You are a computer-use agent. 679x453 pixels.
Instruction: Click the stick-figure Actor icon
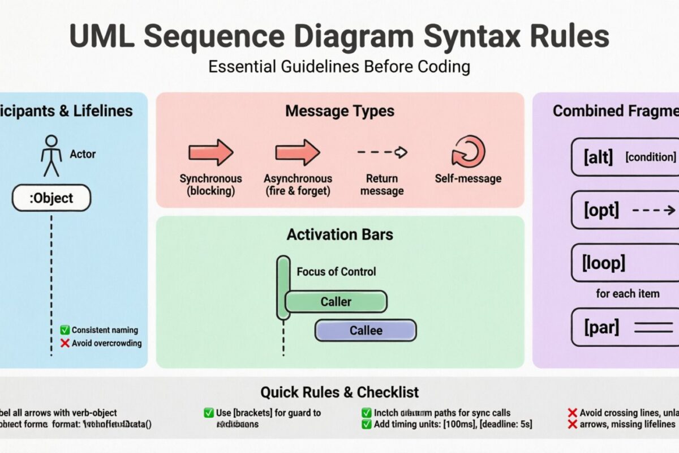51,155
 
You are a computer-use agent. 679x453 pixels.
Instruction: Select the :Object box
51,198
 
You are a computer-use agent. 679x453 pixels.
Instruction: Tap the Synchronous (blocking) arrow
210,152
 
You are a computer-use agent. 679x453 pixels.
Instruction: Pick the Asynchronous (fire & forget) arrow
298,152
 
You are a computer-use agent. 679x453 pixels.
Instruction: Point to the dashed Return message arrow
382,152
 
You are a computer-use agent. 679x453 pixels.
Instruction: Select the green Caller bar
336,302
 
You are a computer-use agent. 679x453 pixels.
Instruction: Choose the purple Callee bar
366,330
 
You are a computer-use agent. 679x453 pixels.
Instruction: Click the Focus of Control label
336,272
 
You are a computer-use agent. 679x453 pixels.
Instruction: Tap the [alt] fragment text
598,157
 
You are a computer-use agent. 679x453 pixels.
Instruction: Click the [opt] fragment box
625,210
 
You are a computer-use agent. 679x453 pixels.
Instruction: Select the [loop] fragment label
604,263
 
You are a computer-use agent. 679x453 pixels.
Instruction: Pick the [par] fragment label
601,327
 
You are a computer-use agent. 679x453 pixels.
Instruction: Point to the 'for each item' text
628,293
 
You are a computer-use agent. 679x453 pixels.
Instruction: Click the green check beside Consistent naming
65,330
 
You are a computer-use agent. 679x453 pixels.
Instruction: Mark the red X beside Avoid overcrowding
65,343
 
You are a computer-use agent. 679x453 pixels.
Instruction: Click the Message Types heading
339,110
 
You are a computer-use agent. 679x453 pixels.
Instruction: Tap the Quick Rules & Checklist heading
339,392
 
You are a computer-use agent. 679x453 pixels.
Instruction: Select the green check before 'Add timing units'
366,424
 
